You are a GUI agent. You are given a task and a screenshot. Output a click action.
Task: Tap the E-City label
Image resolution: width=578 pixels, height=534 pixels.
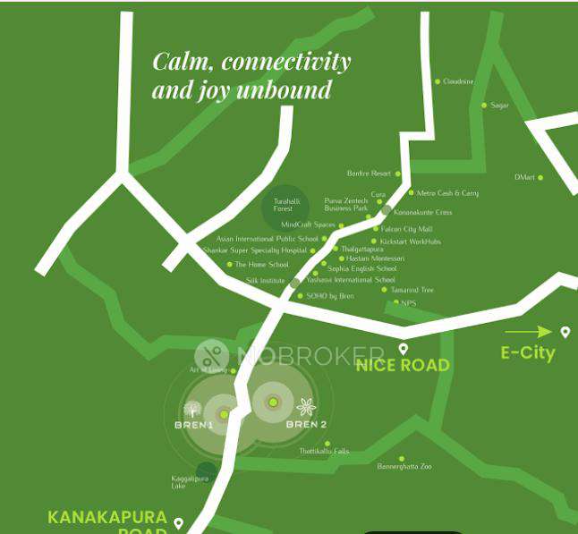[528, 352]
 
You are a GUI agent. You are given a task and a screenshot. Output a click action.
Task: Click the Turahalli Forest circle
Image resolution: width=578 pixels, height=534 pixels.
[285, 208]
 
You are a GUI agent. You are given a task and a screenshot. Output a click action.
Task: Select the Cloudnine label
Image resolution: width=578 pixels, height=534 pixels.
[458, 81]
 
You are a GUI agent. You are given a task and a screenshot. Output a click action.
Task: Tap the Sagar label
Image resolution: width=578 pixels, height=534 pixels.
[499, 106]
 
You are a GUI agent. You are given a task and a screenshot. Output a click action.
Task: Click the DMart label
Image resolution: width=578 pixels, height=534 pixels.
[524, 177]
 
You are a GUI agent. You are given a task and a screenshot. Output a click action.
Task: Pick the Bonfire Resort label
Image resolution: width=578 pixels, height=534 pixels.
[369, 174]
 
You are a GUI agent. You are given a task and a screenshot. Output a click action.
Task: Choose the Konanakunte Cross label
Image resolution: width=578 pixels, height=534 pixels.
[423, 213]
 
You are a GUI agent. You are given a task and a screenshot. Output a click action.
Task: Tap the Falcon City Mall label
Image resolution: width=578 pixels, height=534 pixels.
[406, 229]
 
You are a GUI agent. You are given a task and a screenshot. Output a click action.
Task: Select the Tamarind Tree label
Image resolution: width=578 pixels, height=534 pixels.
[412, 290]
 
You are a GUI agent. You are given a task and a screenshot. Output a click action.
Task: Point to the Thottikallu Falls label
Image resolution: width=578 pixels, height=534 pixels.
[323, 452]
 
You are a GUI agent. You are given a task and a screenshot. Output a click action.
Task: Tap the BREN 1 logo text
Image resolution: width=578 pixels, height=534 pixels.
[193, 424]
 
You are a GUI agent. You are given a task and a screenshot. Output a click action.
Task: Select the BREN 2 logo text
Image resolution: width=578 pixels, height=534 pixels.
[306, 424]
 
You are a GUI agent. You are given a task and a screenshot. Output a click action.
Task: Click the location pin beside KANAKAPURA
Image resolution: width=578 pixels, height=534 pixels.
[178, 523]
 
